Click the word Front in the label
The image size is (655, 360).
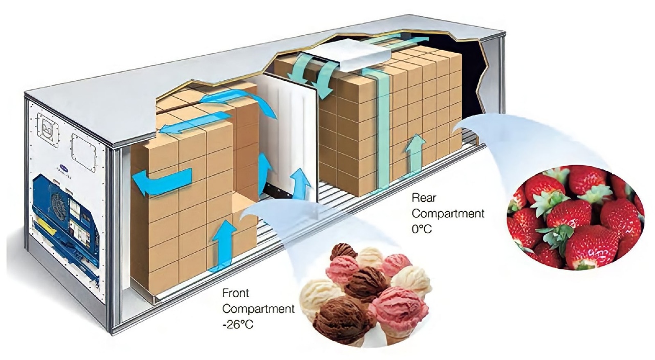point(236,294)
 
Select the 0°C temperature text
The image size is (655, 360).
point(422,229)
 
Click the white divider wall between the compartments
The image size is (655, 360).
point(287,133)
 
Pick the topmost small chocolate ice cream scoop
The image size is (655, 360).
point(343,252)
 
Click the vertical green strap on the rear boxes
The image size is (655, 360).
point(382,133)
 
